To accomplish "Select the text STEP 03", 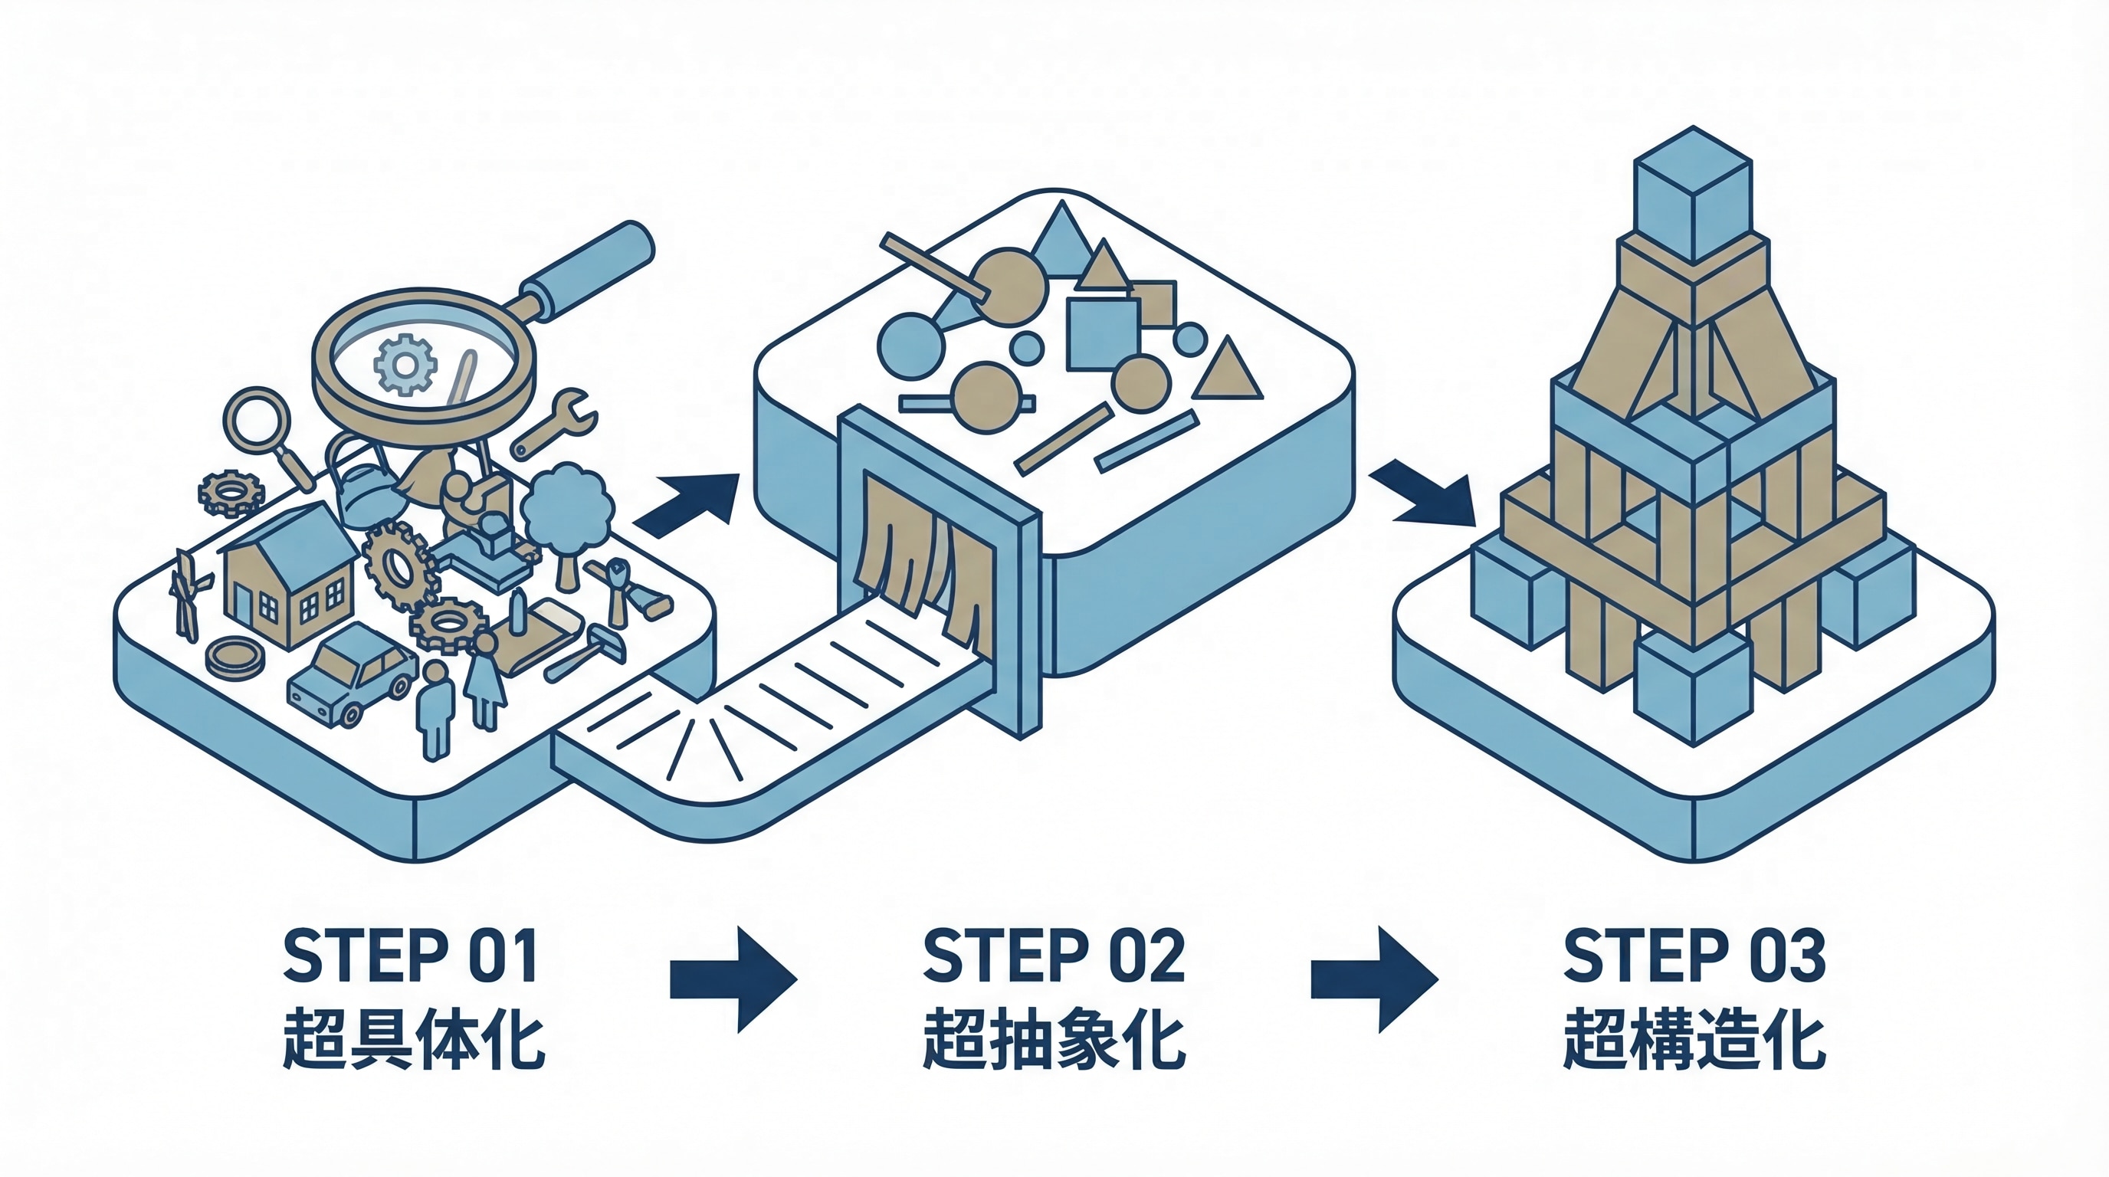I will tap(1694, 956).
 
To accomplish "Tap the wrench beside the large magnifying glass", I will tap(556, 421).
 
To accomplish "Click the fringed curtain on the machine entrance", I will tap(925, 549).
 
